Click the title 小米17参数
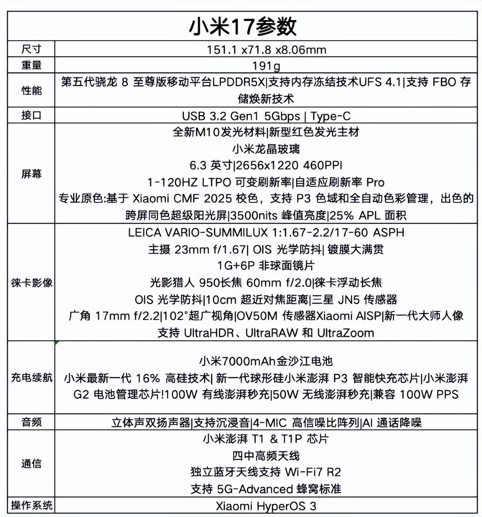243,26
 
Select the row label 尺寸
31,49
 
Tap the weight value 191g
266,66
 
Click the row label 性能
31,90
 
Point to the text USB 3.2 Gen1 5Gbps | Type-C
266,116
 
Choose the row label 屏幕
31,173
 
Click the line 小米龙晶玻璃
266,149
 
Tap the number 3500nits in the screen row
253,215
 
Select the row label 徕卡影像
31,282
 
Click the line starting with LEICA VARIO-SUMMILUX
266,232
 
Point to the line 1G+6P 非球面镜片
266,266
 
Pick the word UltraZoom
346,333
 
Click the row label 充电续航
31,377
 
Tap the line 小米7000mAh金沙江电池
266,361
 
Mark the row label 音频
31,422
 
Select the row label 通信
31,463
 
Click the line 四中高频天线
266,456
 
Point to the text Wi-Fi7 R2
313,472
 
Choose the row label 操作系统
31,505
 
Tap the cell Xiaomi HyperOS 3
266,506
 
